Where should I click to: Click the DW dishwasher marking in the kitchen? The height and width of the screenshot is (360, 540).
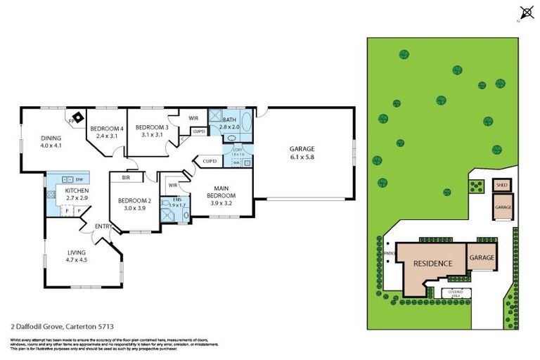click(x=79, y=179)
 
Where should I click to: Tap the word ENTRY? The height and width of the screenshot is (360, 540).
click(x=103, y=226)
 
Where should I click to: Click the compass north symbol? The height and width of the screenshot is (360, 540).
click(x=524, y=12)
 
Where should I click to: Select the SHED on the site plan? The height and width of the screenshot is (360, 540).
click(x=502, y=186)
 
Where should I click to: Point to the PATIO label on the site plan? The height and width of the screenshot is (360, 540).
click(x=390, y=255)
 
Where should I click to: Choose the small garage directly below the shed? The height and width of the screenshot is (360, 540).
click(x=503, y=207)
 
